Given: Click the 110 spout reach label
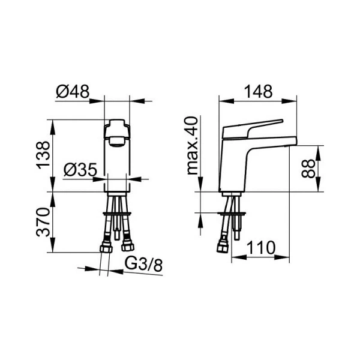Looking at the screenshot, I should [262, 247].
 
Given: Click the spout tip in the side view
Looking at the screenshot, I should [292, 142].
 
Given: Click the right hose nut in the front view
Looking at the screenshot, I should [127, 245].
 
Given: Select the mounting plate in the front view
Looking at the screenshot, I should [118, 213].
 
